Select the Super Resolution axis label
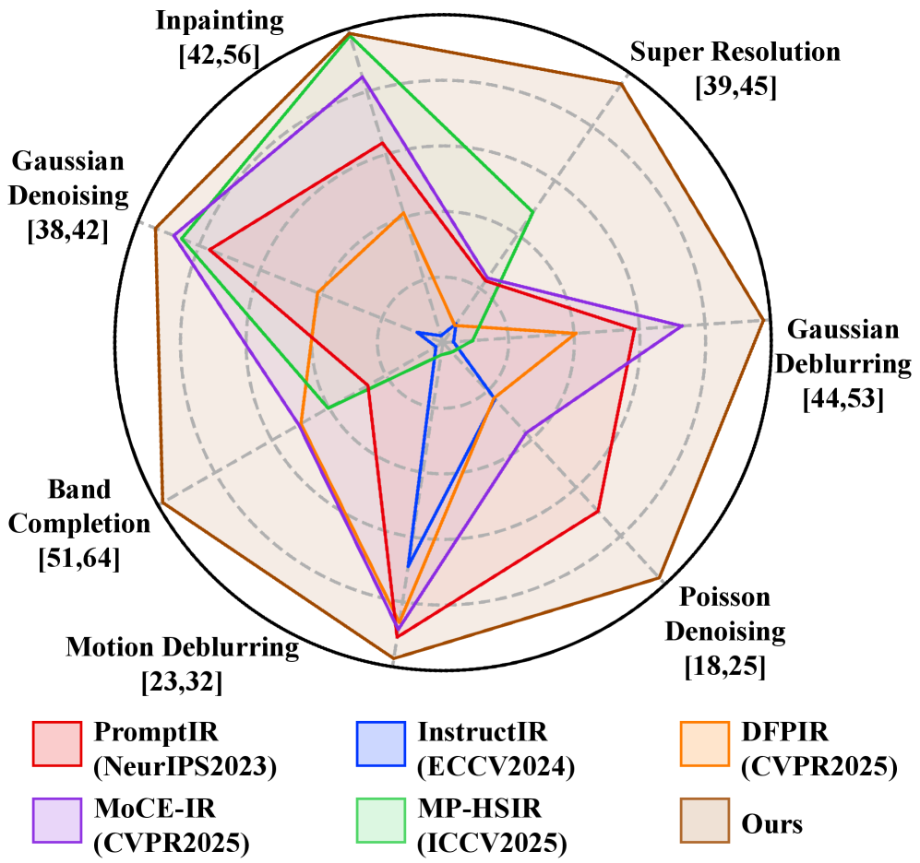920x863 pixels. [x=735, y=66]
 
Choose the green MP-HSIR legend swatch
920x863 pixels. [x=380, y=820]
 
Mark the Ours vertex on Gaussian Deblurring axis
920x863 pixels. [x=764, y=320]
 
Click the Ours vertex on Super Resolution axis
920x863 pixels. [x=622, y=84]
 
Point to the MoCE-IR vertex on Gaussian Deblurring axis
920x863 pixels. [x=682, y=325]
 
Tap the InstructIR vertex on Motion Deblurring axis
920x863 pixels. [x=408, y=566]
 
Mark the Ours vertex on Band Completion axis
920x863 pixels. [x=162, y=502]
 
